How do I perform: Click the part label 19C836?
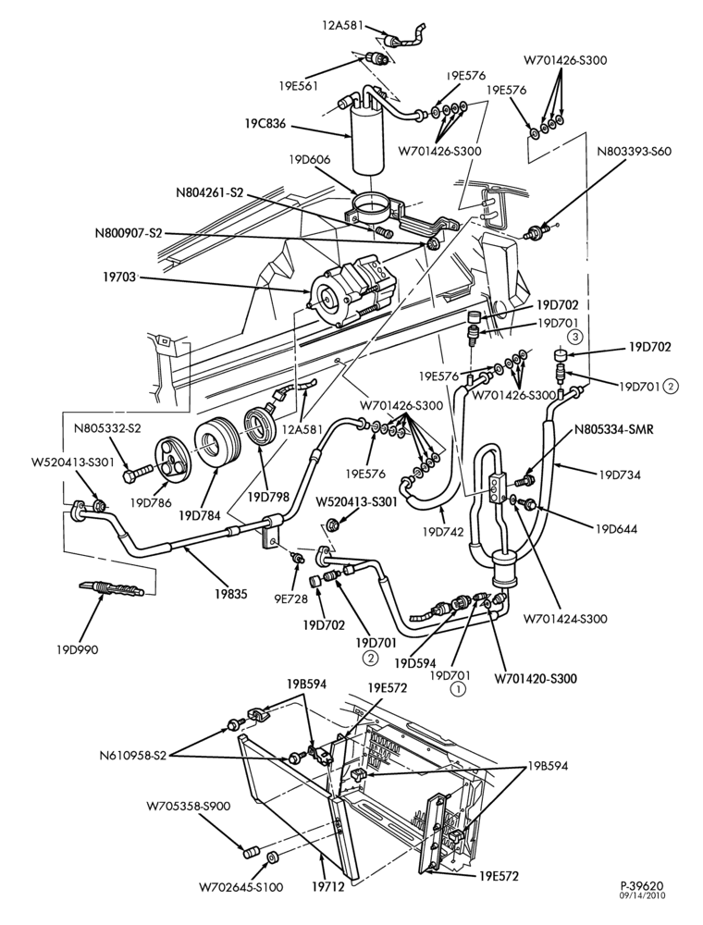coord(266,124)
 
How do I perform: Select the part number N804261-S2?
coord(209,192)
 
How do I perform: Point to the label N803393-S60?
coord(634,151)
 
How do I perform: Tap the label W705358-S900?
coord(189,806)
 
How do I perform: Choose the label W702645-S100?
coord(240,887)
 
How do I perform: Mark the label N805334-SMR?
coord(614,429)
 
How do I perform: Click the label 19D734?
coord(619,474)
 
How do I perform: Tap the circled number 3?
coord(575,338)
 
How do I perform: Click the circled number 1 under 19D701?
coord(458,688)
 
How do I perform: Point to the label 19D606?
coord(310,159)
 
